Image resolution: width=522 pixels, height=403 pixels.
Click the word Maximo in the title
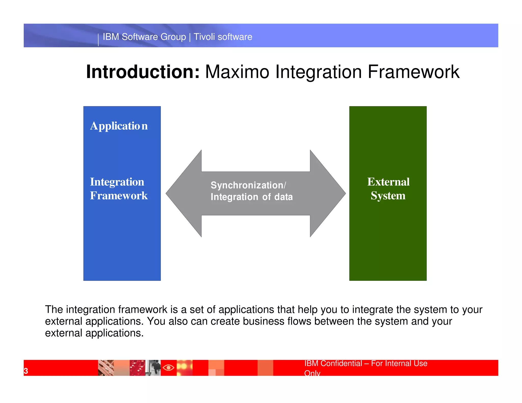237,72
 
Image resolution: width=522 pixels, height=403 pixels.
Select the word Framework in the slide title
413,72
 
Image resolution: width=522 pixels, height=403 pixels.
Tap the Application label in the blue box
119,126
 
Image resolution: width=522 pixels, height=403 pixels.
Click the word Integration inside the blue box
117,182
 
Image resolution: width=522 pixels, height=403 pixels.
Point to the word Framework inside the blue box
119,196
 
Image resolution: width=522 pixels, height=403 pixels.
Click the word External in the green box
388,182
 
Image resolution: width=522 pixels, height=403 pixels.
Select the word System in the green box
388,196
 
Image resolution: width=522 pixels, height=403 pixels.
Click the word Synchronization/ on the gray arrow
248,185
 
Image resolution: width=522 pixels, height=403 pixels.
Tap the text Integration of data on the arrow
252,197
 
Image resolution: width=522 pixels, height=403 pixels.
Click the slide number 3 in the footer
26,371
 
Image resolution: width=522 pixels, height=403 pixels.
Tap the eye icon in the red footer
168,368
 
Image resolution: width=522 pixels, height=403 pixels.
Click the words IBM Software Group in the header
144,37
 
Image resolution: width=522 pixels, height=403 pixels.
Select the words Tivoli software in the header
223,37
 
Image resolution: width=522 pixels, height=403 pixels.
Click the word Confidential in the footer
341,363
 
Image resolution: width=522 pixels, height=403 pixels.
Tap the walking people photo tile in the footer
153,368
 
